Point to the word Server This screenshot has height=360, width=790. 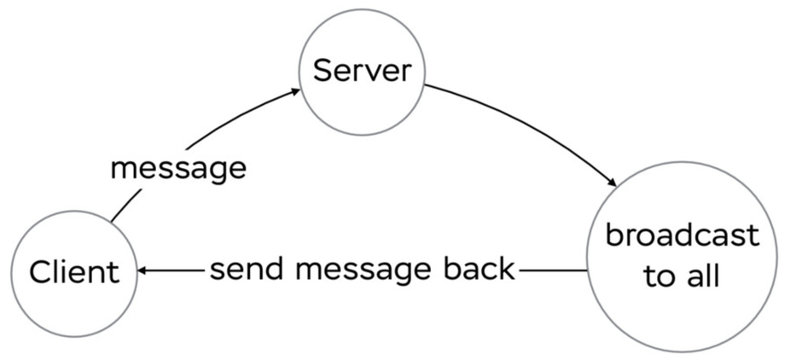(x=362, y=71)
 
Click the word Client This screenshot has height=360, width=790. (x=74, y=272)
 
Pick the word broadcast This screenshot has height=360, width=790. (x=682, y=235)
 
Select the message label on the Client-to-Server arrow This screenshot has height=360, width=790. (x=178, y=169)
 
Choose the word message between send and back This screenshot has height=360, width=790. (x=363, y=271)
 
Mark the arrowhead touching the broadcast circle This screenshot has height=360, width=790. (x=612, y=182)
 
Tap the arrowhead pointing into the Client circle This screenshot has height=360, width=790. (x=142, y=271)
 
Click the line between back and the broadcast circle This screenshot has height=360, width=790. (x=553, y=271)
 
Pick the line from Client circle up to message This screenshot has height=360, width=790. (x=126, y=205)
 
